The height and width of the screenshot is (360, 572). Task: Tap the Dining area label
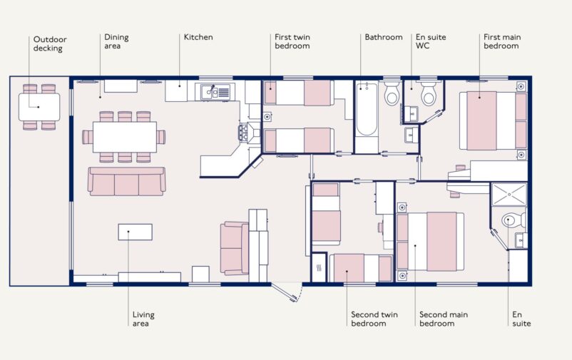116,41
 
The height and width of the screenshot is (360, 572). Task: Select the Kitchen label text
198,37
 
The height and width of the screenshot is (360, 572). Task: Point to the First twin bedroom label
292,41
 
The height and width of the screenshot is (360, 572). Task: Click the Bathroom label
384,37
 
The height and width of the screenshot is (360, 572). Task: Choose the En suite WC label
431,41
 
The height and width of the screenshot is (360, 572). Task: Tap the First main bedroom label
501,41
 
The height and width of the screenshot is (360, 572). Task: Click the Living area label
143,319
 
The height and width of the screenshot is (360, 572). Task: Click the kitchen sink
210,91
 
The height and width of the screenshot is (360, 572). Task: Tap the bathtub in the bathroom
366,109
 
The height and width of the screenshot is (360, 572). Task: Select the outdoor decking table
39,108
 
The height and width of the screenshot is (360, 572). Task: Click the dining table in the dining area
124,137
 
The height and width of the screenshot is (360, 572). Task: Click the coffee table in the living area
135,232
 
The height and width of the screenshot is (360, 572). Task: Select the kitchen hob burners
245,131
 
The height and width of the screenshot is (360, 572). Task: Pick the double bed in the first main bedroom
491,120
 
